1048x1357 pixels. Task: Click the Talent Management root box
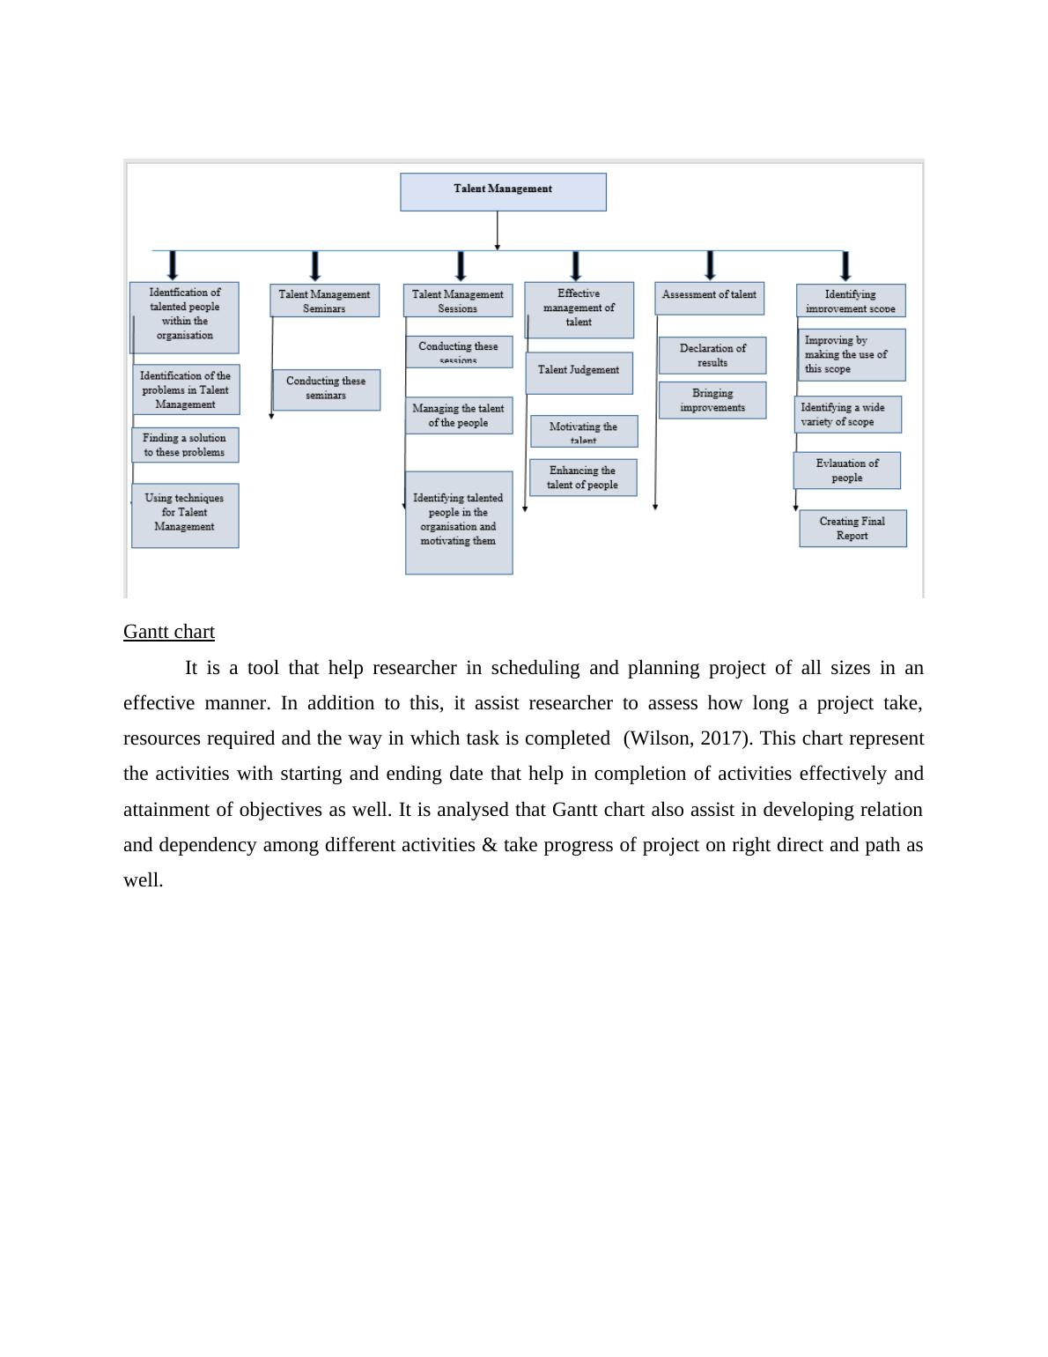click(503, 191)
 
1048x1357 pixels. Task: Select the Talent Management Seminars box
click(324, 300)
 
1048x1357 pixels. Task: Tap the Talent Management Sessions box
click(458, 300)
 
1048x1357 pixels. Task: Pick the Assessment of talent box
click(709, 298)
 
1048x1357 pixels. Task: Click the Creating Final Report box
click(852, 528)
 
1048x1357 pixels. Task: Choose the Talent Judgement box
click(579, 372)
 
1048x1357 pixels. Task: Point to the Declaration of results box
click(712, 355)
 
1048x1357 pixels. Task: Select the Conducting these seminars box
click(326, 389)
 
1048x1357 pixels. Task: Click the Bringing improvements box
click(712, 400)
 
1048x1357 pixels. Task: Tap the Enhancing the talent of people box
click(582, 478)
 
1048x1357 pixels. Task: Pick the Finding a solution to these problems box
click(185, 445)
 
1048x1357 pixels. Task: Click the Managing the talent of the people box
click(458, 415)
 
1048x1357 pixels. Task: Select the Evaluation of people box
click(846, 471)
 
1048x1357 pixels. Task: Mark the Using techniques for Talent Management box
click(185, 515)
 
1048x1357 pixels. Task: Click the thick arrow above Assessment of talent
click(711, 264)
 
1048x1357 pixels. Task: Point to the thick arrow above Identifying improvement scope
click(846, 265)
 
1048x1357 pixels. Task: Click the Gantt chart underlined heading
click(169, 632)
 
